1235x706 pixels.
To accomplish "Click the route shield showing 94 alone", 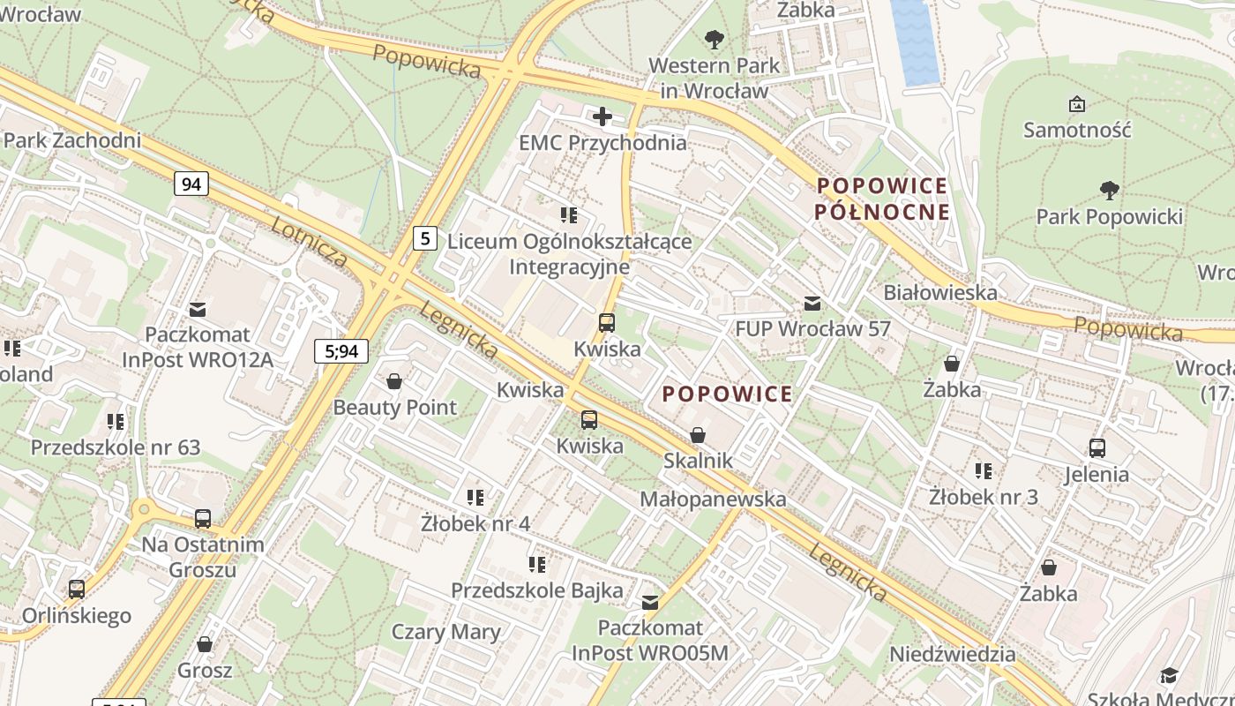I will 191,184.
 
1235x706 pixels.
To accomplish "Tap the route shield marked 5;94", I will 341,351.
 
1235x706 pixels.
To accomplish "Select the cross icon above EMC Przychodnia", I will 603,116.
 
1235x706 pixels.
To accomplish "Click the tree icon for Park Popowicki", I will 1109,190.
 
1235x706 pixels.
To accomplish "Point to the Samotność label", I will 1076,130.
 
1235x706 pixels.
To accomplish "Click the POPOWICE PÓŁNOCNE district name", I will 882,199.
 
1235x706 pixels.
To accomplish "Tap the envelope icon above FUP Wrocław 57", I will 812,304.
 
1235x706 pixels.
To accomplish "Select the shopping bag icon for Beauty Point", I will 394,381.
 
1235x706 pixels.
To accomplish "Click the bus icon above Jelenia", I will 1097,447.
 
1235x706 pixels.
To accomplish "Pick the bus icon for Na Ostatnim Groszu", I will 203,518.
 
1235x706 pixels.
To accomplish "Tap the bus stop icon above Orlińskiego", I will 77,589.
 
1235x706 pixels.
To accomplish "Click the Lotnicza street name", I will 310,241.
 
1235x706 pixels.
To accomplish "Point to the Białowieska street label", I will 940,292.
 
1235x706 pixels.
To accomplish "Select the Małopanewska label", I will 713,499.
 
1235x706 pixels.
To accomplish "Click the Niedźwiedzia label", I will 952,654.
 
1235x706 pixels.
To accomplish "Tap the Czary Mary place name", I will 445,632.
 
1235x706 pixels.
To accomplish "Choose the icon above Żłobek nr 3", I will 984,471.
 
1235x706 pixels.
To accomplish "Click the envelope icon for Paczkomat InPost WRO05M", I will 650,603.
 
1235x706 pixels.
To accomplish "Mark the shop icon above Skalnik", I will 698,435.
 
